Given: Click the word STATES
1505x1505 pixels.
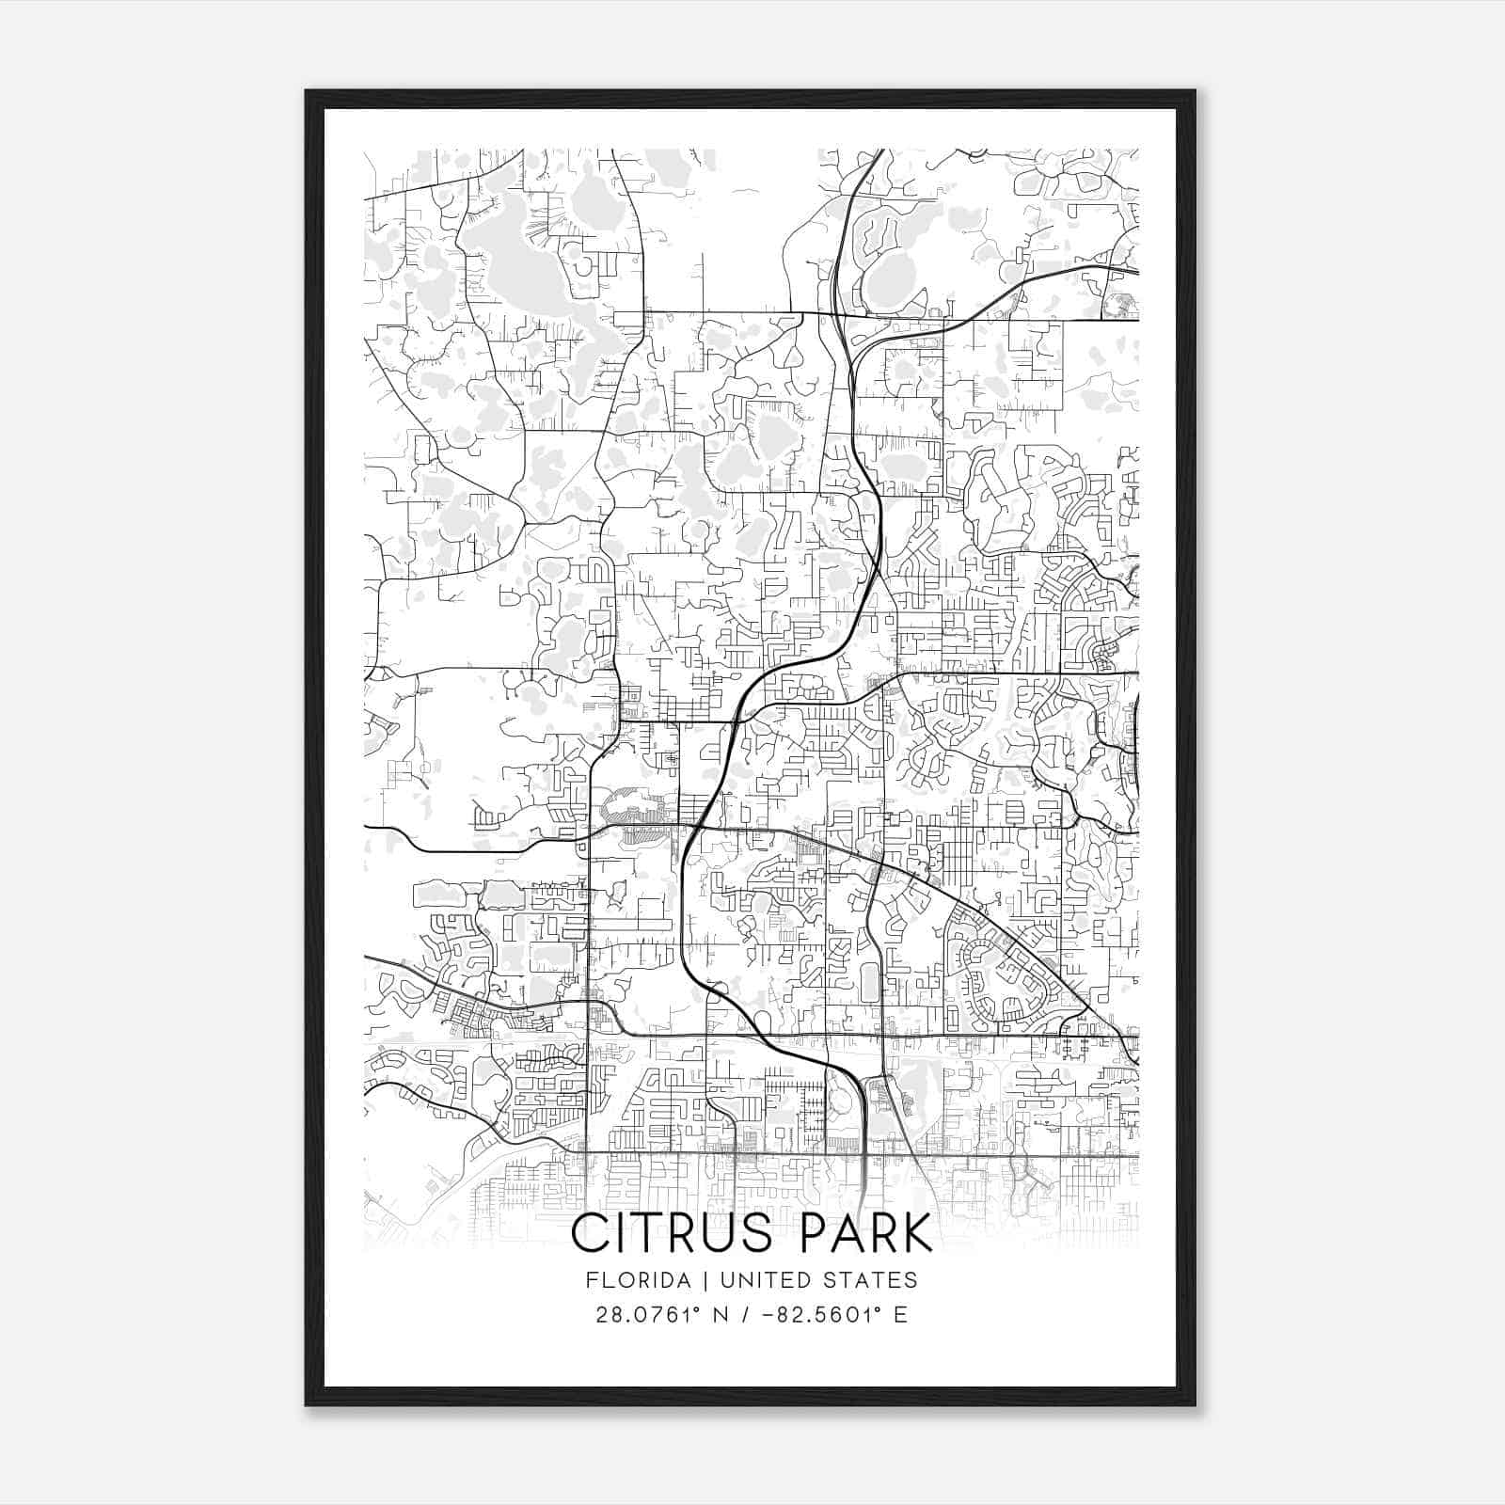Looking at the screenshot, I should [x=871, y=1280].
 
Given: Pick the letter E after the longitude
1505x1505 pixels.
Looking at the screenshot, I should [x=901, y=1315].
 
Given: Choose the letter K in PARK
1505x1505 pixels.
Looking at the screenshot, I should [x=915, y=1233].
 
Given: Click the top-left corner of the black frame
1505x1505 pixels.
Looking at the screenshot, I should [x=307, y=91].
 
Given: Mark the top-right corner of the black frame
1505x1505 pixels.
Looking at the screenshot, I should [x=1195, y=91].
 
